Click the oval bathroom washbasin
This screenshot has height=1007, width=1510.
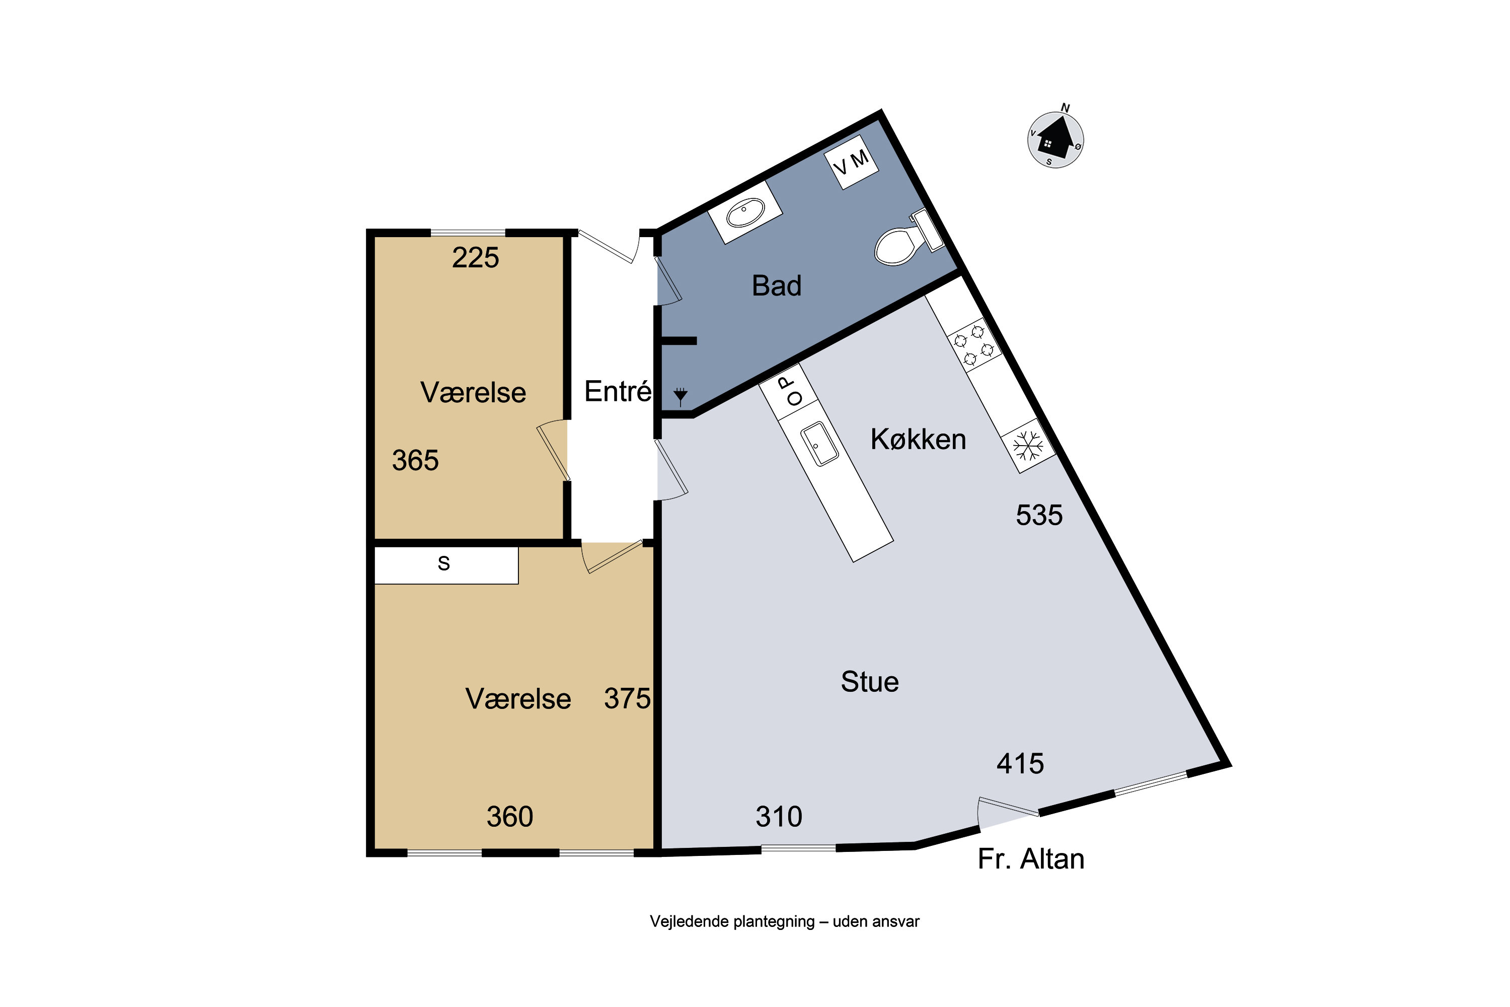pos(745,212)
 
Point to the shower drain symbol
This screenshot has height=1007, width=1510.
pos(681,396)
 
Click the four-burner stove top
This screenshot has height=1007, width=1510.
pos(974,345)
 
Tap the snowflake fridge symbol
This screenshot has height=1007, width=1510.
pos(1028,446)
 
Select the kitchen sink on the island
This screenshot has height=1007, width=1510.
pos(820,443)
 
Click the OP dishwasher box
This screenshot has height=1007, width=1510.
pos(788,392)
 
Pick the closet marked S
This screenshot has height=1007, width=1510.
pos(446,565)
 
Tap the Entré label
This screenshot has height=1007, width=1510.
pos(618,391)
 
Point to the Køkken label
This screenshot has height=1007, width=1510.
pos(918,439)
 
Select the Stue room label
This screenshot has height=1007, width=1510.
pos(870,681)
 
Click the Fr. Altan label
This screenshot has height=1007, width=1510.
pos(1031,858)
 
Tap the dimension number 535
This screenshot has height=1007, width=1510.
pos(1039,515)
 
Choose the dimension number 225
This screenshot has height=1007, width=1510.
pos(476,257)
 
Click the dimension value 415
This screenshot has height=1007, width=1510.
pos(1020,764)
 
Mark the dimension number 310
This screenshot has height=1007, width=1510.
pos(779,817)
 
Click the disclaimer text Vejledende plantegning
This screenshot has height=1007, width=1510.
pos(732,921)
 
